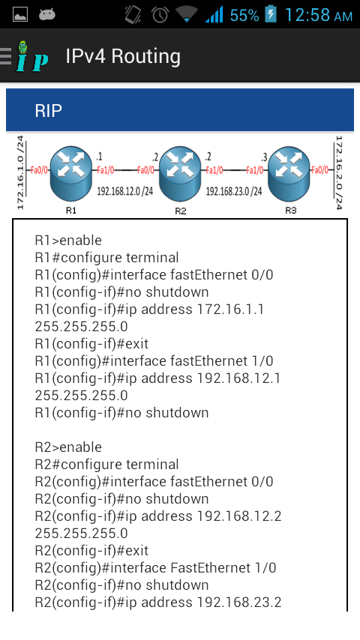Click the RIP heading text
(49, 111)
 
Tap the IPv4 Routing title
(123, 56)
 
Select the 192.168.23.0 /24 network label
(234, 192)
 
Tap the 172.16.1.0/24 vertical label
(21, 172)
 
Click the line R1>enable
(68, 241)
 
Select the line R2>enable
(68, 447)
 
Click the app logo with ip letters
(31, 56)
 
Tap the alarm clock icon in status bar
(160, 14)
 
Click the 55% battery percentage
(244, 14)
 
